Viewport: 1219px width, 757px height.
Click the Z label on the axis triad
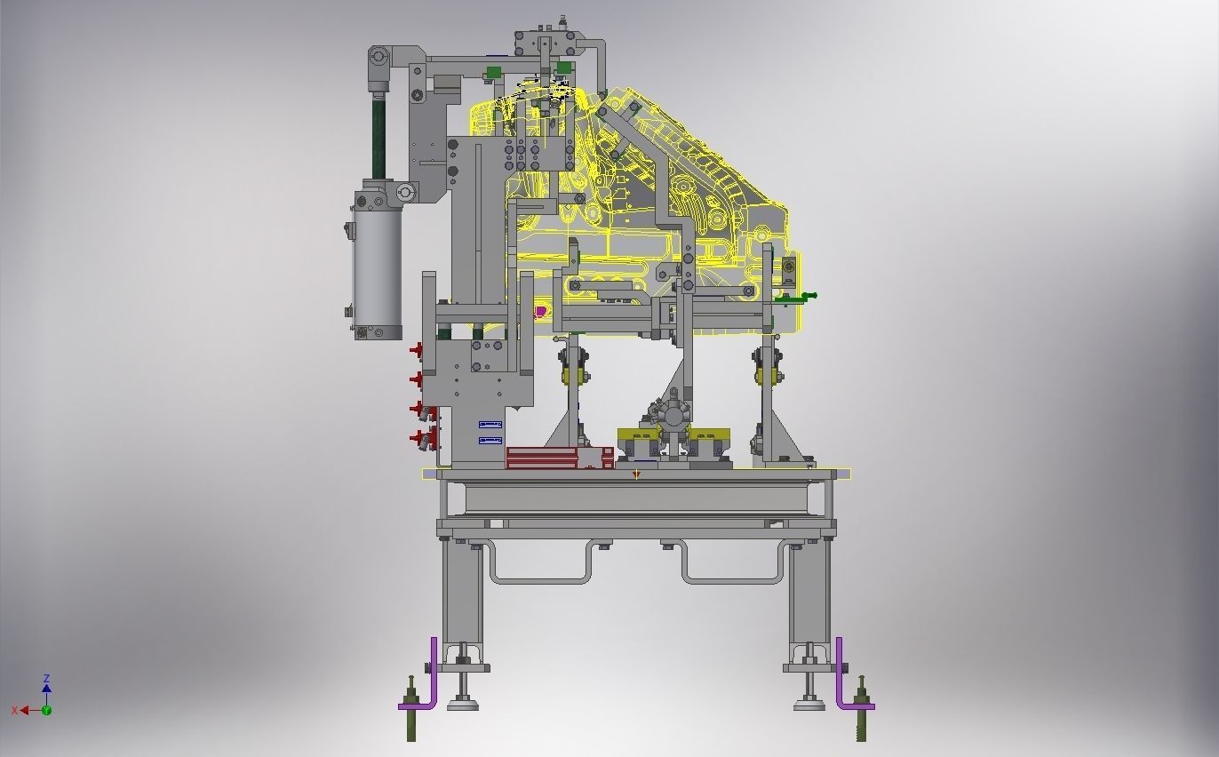(x=46, y=679)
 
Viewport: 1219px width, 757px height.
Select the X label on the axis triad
(x=15, y=711)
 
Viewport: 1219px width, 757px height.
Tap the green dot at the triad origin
(x=46, y=710)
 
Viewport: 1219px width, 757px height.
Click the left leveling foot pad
(x=462, y=706)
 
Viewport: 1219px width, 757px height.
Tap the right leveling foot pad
(x=809, y=706)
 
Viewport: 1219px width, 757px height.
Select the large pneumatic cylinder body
(x=377, y=262)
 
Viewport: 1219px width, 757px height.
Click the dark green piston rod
(x=378, y=138)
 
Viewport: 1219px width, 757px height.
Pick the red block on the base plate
(x=558, y=458)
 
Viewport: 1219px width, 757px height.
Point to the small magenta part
(x=540, y=312)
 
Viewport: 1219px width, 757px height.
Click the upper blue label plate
(x=490, y=426)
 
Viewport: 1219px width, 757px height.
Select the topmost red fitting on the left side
(x=416, y=351)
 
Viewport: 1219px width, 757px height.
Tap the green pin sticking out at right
(x=807, y=296)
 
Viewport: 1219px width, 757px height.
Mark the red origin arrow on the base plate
(x=636, y=475)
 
